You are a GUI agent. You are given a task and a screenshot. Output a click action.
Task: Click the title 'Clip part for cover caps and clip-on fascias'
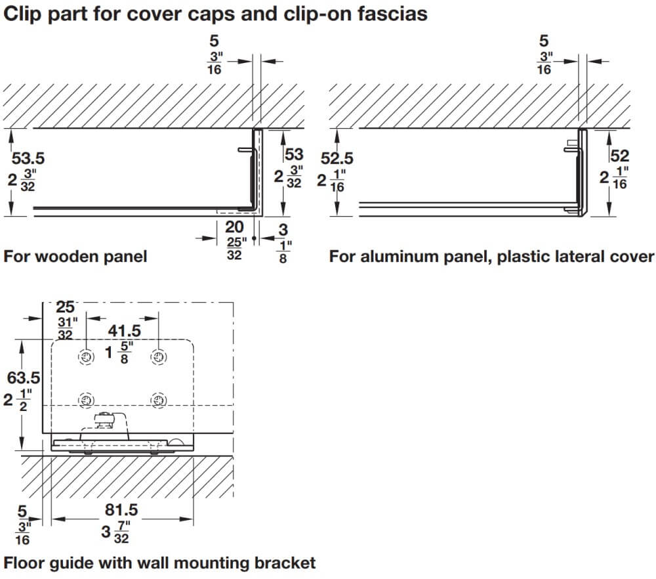(216, 14)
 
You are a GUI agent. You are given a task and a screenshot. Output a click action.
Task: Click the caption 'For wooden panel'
(75, 256)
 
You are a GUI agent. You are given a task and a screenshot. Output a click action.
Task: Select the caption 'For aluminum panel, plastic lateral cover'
(491, 256)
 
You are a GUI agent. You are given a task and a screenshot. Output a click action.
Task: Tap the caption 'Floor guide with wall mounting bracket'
(160, 563)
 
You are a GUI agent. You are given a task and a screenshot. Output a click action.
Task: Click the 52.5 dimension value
(337, 159)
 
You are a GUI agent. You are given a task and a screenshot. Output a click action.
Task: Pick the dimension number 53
(295, 155)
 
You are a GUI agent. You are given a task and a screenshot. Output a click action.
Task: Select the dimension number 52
(619, 156)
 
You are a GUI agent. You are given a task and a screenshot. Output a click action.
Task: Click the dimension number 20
(234, 227)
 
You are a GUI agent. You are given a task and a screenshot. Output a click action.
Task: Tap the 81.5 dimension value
(122, 509)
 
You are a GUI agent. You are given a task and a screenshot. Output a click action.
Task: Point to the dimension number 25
(66, 307)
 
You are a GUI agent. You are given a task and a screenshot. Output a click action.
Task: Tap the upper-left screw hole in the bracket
(86, 356)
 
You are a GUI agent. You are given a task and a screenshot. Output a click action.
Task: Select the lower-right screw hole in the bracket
(158, 400)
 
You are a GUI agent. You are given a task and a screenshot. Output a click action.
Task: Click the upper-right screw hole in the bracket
(158, 356)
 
